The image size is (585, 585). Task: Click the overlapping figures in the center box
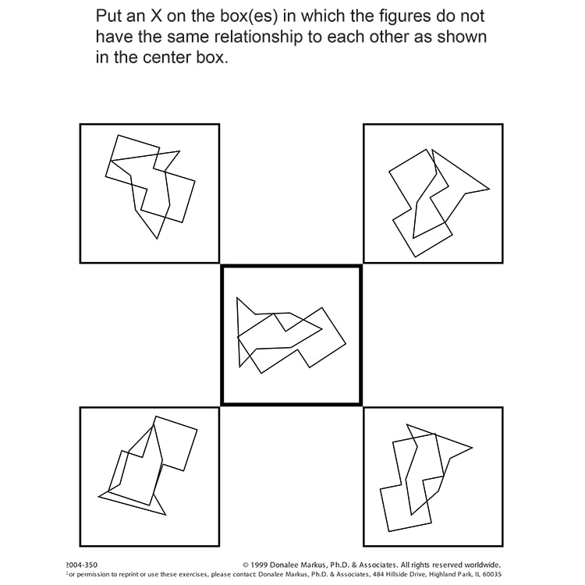[291, 335]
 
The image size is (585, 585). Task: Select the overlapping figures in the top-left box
[150, 186]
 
